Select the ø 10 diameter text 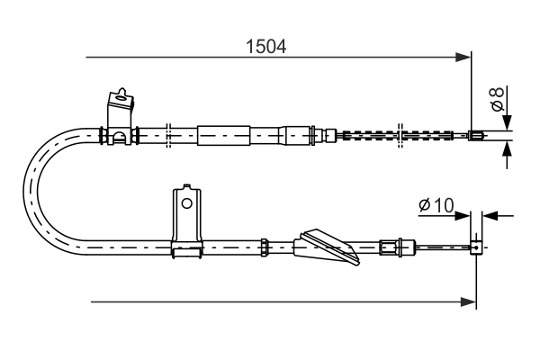coord(436,206)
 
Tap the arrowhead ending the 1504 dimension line coord(464,58)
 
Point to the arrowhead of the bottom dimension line coord(469,301)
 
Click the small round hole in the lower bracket coord(186,203)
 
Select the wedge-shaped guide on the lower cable coord(331,245)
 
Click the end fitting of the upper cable coord(477,137)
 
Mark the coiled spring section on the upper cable coord(396,137)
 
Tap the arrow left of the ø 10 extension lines coord(463,216)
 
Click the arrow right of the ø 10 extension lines coord(490,216)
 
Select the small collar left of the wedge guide coord(265,244)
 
